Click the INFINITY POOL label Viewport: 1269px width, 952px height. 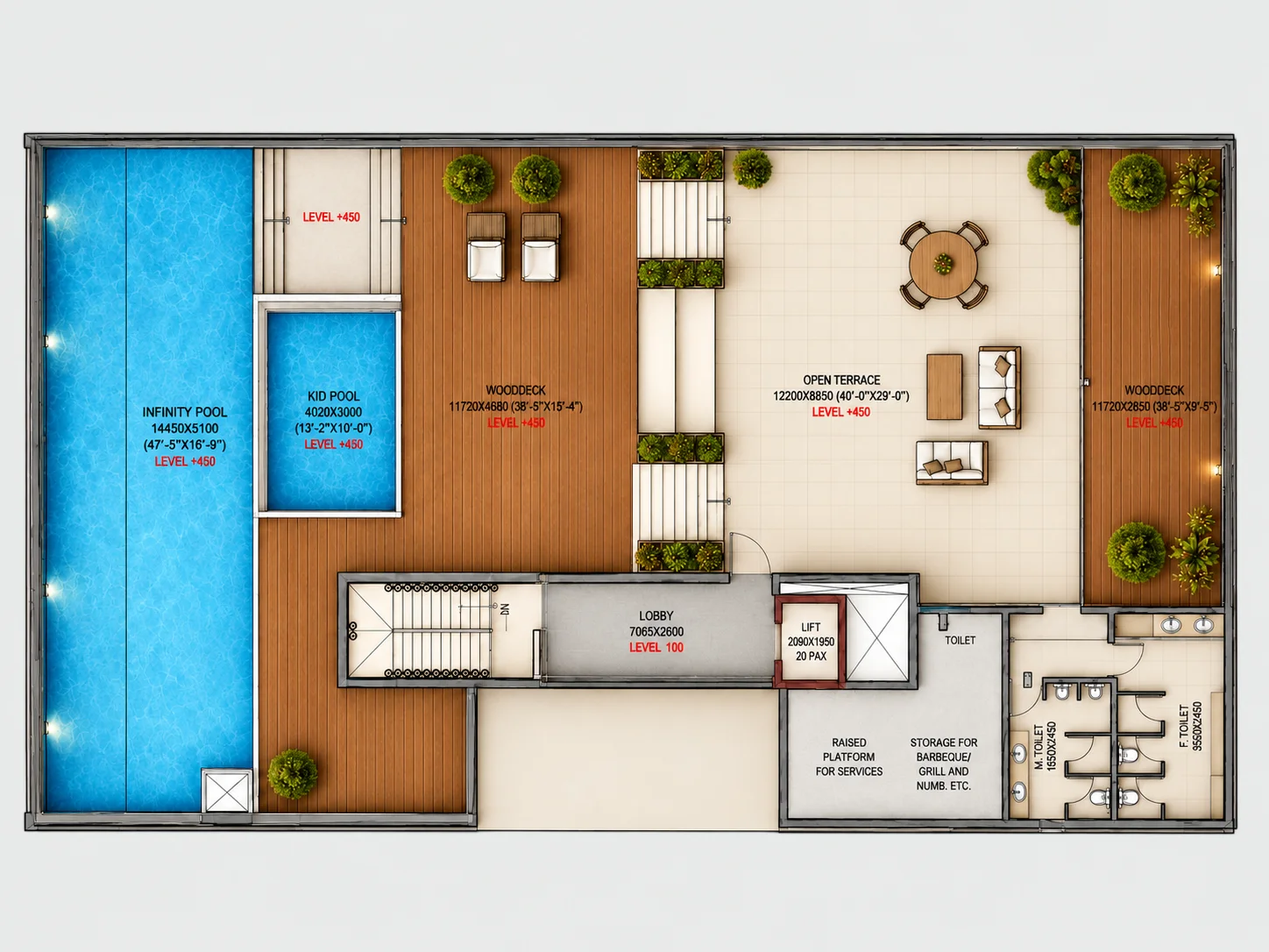click(x=184, y=412)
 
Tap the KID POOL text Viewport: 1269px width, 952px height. click(x=334, y=396)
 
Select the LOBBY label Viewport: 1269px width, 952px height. click(x=656, y=615)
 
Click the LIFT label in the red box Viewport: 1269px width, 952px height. click(x=811, y=627)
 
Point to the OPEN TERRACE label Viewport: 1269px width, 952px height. click(x=841, y=380)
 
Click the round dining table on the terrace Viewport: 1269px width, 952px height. click(x=943, y=265)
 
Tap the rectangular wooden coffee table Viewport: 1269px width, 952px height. click(x=944, y=387)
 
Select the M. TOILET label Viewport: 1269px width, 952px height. click(x=1039, y=748)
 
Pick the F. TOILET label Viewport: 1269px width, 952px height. click(x=1183, y=726)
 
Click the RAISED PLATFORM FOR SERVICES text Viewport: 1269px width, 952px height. click(x=848, y=757)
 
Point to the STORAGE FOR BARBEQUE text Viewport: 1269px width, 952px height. click(x=944, y=750)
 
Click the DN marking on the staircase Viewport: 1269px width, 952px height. click(x=505, y=609)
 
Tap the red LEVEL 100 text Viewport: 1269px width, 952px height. click(x=656, y=648)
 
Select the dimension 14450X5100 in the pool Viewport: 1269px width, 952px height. click(x=184, y=429)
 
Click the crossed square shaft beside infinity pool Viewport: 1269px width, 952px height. click(x=227, y=790)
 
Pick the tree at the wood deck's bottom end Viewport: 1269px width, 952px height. click(x=293, y=775)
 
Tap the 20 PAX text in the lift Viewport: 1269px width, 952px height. click(x=811, y=656)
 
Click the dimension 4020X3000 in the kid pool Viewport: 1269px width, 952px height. click(x=334, y=412)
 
